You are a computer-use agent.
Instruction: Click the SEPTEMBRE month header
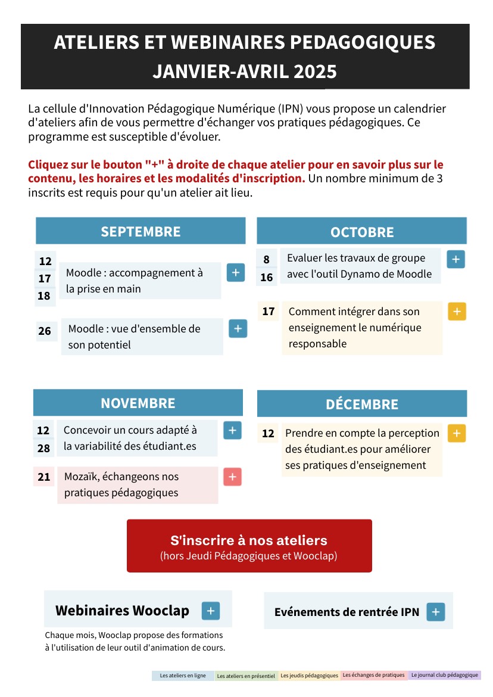click(141, 231)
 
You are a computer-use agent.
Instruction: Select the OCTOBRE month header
click(362, 232)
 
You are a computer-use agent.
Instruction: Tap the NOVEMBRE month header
click(138, 403)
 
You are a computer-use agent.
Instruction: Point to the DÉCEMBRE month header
click(362, 404)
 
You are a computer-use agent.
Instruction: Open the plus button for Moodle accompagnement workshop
click(236, 272)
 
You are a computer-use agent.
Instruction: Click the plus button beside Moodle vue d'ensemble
click(238, 328)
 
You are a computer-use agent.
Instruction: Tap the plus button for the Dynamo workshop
click(455, 259)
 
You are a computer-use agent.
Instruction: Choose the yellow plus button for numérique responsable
click(457, 312)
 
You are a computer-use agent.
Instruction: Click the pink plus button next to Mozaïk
click(232, 477)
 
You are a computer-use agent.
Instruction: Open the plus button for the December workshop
click(457, 433)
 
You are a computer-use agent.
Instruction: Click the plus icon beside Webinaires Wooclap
click(211, 611)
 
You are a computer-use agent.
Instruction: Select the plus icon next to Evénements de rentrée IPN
click(436, 612)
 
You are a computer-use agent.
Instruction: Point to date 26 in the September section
click(45, 331)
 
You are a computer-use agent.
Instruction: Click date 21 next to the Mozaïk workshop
click(43, 477)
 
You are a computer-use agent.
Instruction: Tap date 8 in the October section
click(266, 259)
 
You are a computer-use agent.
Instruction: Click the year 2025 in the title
click(315, 71)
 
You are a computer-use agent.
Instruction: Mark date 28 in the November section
click(43, 448)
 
